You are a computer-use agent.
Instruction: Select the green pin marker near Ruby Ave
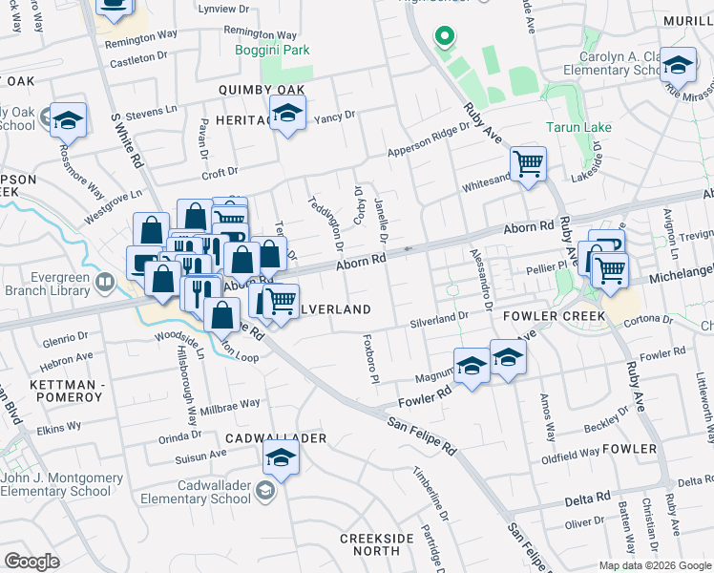pos(443,38)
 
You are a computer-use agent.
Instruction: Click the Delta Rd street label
pos(587,499)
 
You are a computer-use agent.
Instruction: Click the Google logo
pos(32,562)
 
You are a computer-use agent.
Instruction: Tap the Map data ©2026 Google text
pos(655,565)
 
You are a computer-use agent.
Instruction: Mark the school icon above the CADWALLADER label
pos(281,461)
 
